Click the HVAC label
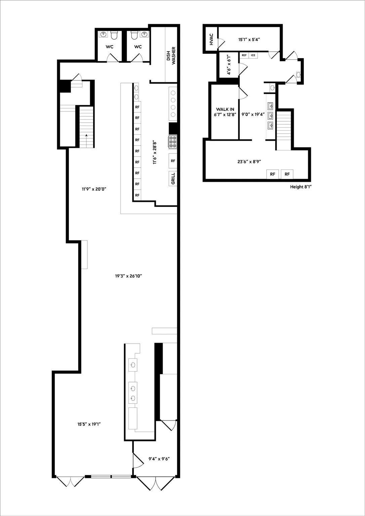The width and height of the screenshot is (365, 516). (211, 39)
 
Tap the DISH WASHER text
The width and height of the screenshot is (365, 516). (171, 55)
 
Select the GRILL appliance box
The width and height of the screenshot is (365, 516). (173, 178)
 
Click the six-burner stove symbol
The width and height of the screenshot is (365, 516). (173, 142)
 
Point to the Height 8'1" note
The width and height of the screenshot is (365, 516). (301, 187)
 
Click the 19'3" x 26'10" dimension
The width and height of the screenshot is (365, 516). (129, 276)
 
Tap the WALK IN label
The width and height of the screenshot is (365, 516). (225, 110)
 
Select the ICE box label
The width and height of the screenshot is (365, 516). (253, 55)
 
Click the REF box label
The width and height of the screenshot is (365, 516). (244, 55)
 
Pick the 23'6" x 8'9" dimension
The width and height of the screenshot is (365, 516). (249, 162)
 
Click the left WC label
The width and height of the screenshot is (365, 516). (110, 47)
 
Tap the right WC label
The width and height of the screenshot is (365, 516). (138, 47)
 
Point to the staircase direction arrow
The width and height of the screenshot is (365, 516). (86, 141)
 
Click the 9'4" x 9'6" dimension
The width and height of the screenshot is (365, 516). (159, 459)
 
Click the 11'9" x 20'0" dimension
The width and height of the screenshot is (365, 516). (94, 189)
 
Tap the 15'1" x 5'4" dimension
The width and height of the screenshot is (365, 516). (249, 39)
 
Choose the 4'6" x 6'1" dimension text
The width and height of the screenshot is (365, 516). (229, 64)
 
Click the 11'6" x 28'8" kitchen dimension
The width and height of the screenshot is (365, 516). (155, 153)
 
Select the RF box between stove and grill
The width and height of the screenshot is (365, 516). (173, 161)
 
